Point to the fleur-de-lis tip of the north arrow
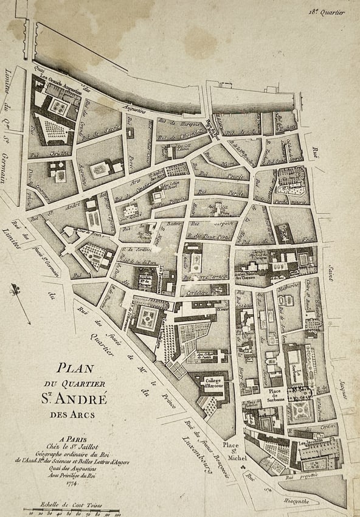pos(13,290)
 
